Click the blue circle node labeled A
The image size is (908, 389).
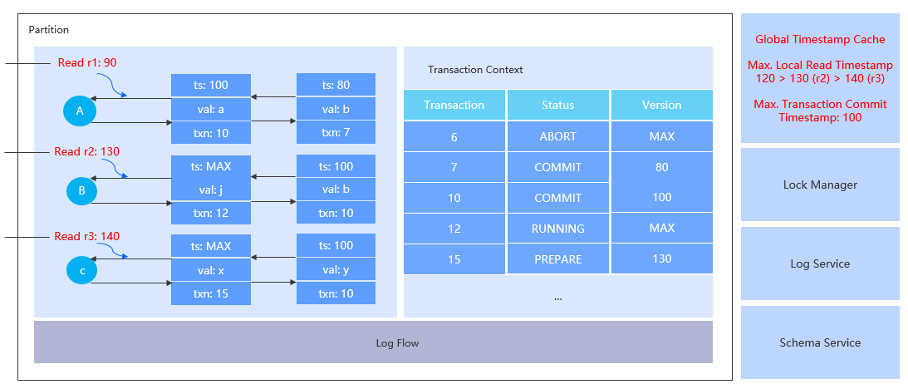point(81,111)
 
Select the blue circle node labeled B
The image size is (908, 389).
point(81,191)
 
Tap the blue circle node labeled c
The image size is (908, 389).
point(81,270)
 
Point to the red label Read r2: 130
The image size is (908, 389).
point(87,152)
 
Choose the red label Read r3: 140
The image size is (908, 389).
point(87,236)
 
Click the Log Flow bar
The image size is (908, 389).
point(373,342)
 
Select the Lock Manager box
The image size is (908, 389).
point(819,185)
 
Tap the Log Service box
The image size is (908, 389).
point(819,263)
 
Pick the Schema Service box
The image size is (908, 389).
point(819,342)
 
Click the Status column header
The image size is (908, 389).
point(557,105)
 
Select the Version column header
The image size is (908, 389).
point(661,105)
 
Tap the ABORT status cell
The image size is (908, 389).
point(557,136)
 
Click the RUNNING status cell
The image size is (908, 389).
point(557,229)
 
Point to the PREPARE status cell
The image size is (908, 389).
point(557,259)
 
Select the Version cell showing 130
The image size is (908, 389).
point(661,259)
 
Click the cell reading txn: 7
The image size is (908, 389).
point(336,132)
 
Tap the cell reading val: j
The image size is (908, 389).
point(211,190)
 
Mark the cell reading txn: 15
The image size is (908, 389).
point(211,293)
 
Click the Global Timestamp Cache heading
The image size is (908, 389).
point(819,39)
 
